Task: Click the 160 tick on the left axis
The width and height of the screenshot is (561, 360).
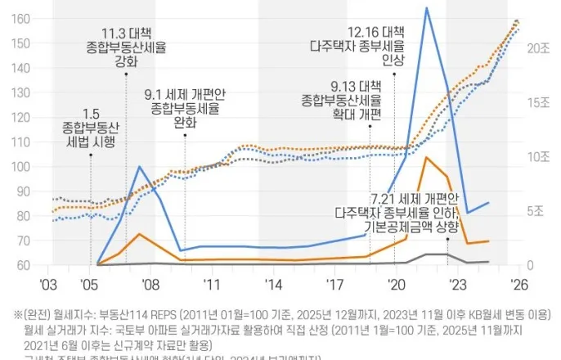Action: (22, 18)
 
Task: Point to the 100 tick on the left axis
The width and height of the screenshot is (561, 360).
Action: (22, 166)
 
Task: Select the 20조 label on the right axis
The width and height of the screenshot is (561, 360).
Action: (538, 48)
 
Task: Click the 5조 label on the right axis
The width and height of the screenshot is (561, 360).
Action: (536, 210)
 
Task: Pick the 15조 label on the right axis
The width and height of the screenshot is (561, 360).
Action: (538, 102)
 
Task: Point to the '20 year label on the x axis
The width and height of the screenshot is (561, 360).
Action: (397, 282)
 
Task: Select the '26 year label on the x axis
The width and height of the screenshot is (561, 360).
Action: (518, 282)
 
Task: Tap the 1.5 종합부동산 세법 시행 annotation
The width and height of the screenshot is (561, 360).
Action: (90, 127)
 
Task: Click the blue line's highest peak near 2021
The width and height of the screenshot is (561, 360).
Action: (426, 8)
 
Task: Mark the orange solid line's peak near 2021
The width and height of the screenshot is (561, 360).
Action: (425, 157)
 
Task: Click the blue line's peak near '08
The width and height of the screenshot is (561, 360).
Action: (140, 167)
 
